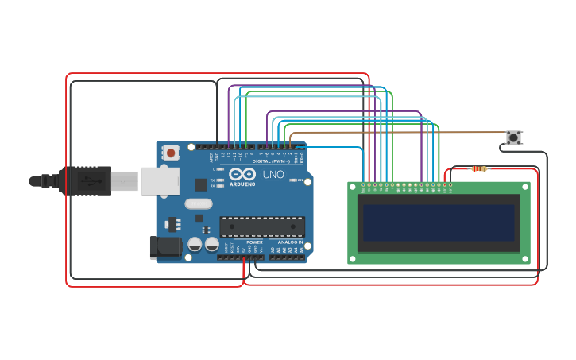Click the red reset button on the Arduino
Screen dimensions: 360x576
pos(170,152)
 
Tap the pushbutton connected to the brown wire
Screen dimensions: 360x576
pos(514,137)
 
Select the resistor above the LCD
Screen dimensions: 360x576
pos(479,168)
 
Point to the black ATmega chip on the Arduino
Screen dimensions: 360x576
pos(261,226)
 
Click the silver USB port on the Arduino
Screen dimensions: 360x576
pos(160,180)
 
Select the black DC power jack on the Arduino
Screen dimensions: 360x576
pos(165,247)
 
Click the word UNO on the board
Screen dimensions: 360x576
pos(273,174)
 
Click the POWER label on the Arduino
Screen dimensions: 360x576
pos(254,242)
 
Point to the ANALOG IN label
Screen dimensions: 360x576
pos(290,242)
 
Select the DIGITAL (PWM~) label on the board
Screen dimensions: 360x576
pos(271,161)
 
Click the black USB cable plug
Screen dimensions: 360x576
pos(83,181)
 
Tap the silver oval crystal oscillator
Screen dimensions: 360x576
pos(198,203)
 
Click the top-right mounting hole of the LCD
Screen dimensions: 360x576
pos(524,187)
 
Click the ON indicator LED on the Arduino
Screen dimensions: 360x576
pos(294,181)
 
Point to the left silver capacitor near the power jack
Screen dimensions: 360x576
pos(195,244)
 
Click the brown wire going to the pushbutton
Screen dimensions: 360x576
pos(397,133)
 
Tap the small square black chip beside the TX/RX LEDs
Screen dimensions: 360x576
pos(200,184)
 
